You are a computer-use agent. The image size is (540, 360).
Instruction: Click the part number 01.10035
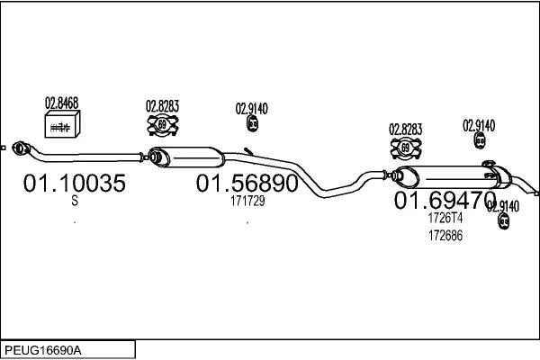coord(74,184)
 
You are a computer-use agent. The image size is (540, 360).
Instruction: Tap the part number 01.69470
coord(445,199)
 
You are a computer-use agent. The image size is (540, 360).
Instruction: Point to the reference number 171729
coord(247,202)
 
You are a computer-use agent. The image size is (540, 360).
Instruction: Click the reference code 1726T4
coord(445,218)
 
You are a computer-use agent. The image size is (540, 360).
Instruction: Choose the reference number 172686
coord(445,235)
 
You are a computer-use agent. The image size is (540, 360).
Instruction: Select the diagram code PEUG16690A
coord(43,348)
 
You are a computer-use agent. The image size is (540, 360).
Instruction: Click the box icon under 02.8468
coord(61,127)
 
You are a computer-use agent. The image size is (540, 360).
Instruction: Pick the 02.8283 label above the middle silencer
coord(163,106)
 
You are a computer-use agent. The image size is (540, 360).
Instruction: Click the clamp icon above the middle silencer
coord(162,126)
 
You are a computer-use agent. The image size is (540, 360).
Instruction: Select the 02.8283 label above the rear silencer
coord(405,129)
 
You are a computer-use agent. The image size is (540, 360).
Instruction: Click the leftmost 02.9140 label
coord(252,108)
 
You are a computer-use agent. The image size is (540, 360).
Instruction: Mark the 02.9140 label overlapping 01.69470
coord(502,205)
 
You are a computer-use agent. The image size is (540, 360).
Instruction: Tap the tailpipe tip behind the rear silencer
coord(535,191)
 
